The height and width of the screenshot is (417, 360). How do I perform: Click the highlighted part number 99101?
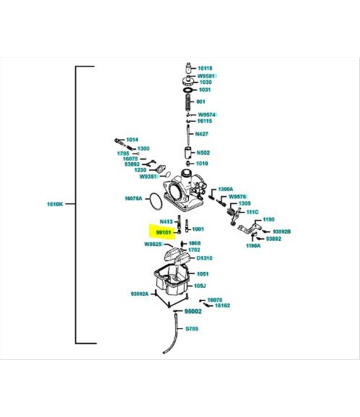[x=164, y=232]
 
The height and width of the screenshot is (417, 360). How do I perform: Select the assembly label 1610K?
[x=55, y=204]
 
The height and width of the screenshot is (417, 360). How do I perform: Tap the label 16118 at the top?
[x=205, y=68]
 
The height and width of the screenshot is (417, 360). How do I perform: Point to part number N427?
[x=202, y=133]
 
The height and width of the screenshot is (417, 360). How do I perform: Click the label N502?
[x=203, y=152]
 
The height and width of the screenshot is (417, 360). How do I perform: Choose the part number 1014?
[x=132, y=140]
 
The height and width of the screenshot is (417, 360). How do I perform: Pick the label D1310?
[x=205, y=258]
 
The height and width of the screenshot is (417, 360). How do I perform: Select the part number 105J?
[x=200, y=285]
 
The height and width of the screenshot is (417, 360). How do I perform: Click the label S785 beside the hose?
[x=192, y=329]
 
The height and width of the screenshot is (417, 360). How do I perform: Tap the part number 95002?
[x=192, y=311]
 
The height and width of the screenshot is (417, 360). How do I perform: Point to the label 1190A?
[x=254, y=245]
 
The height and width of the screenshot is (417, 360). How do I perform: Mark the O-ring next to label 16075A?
[x=153, y=201]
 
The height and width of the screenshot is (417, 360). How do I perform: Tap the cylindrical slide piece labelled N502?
[x=188, y=152]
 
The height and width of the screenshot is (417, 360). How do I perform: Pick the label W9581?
[x=207, y=75]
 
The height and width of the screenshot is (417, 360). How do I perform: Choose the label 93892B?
[x=282, y=232]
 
